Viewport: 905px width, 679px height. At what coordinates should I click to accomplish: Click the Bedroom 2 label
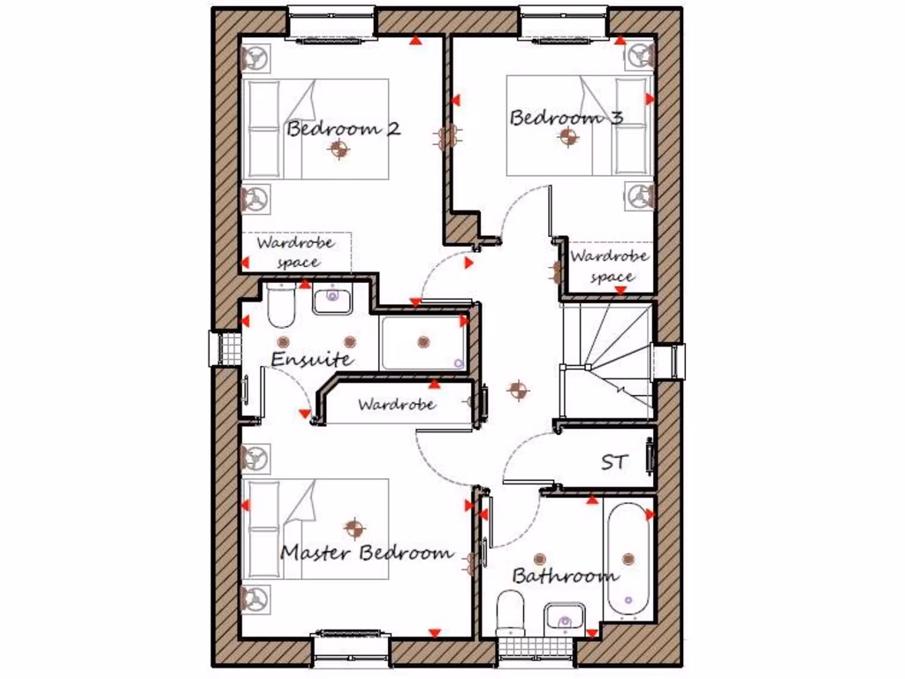tap(343, 128)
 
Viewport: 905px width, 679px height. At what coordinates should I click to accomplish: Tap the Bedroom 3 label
tap(566, 118)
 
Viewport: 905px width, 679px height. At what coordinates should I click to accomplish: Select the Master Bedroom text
tap(367, 553)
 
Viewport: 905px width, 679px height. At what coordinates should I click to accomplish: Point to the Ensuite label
tap(312, 360)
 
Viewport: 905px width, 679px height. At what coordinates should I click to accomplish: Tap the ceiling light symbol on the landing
tap(517, 389)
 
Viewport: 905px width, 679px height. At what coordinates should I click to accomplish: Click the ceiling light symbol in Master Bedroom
tap(356, 529)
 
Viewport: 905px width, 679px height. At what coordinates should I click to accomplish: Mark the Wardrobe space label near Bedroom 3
tap(610, 266)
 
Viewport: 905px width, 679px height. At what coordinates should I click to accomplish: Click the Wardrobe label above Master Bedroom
tap(396, 405)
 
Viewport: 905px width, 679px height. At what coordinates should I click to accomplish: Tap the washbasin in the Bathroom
tap(564, 615)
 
